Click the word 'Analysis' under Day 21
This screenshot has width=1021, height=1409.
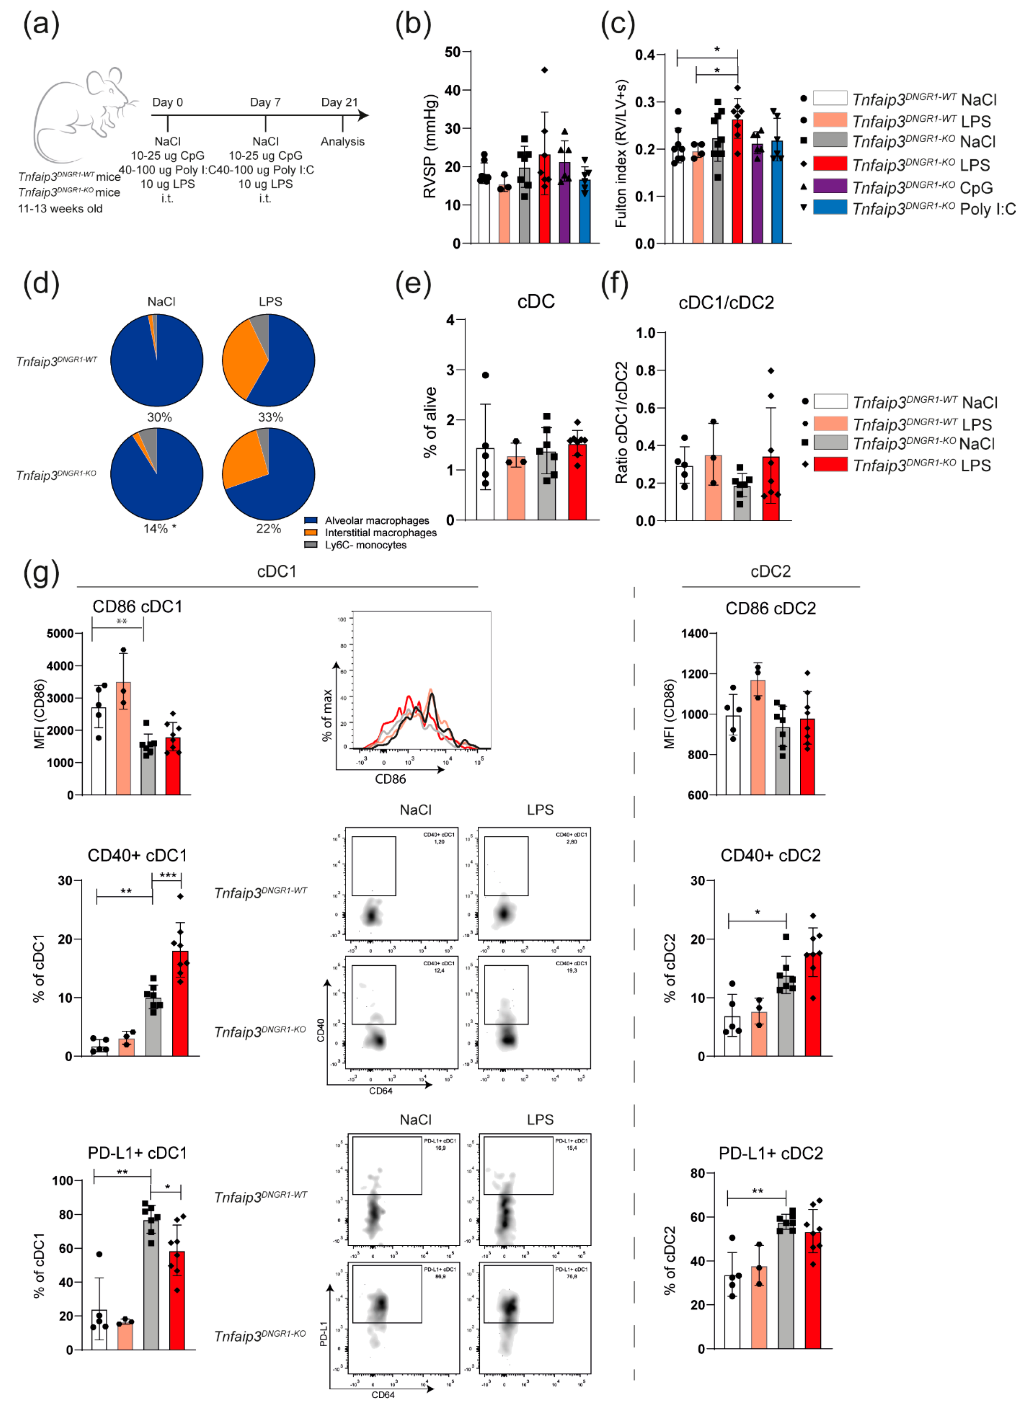(342, 142)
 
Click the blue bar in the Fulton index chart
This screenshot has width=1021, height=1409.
(777, 193)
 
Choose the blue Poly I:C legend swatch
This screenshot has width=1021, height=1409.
(830, 207)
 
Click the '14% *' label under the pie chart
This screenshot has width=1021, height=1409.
(160, 529)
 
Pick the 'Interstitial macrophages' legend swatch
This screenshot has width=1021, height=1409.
(311, 533)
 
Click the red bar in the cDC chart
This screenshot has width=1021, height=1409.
(577, 482)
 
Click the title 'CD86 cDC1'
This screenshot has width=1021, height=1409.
(137, 606)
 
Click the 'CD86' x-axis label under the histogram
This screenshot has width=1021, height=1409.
(390, 779)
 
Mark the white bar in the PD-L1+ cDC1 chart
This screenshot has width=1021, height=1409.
(99, 1330)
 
